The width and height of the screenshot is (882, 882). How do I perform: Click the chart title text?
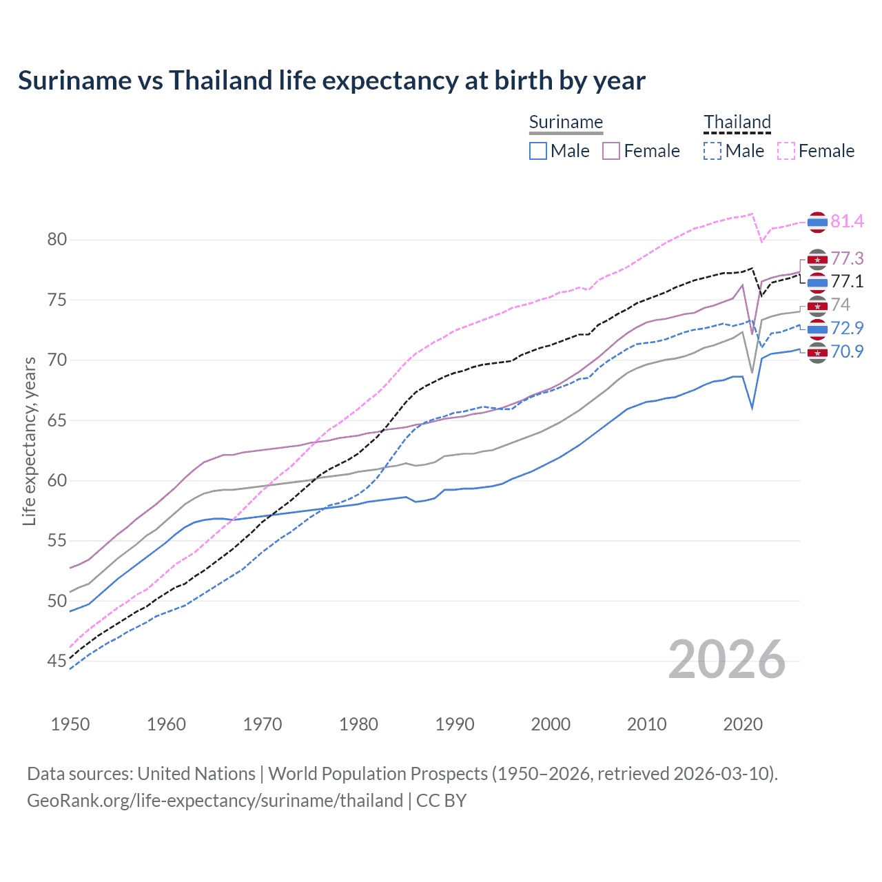(x=331, y=81)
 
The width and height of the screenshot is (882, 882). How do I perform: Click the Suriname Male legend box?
(x=538, y=151)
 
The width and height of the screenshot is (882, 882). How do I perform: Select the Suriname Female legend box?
(x=611, y=151)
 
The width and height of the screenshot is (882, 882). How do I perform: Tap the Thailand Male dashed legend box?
(x=712, y=151)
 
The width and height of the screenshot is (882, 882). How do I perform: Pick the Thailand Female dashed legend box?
(x=786, y=151)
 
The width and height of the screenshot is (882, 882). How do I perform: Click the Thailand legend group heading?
(x=737, y=122)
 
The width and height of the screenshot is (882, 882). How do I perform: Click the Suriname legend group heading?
(x=566, y=122)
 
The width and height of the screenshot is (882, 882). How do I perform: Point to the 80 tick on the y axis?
(x=57, y=240)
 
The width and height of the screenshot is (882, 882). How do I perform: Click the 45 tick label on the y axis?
(x=57, y=661)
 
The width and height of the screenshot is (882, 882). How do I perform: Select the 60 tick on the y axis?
(x=57, y=481)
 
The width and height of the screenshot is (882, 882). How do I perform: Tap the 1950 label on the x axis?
(x=70, y=724)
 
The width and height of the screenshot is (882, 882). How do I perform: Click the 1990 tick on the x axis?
(x=455, y=724)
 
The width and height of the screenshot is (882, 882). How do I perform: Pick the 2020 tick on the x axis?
(x=743, y=724)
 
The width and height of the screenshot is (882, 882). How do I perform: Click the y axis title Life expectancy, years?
(x=29, y=441)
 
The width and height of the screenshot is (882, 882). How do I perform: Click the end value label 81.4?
(x=847, y=221)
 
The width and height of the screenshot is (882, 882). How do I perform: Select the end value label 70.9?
(x=847, y=351)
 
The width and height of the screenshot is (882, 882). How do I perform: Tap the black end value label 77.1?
(x=847, y=281)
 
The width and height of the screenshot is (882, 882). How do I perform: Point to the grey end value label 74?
(x=840, y=305)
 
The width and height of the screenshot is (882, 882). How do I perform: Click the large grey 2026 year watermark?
(x=726, y=659)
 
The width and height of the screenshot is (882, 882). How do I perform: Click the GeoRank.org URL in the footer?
(x=215, y=801)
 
